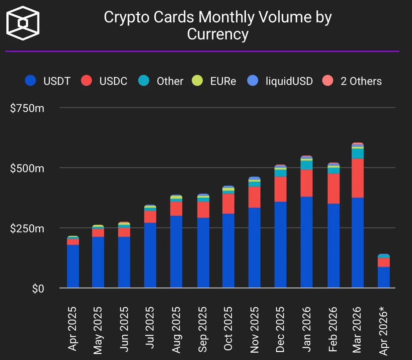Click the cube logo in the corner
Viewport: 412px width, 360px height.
point(23,23)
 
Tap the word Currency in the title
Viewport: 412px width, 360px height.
point(218,34)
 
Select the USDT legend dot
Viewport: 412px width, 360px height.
point(30,81)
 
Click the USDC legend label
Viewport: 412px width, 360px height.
point(113,81)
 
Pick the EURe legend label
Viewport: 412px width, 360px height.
point(223,81)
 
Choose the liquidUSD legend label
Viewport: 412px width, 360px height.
point(289,81)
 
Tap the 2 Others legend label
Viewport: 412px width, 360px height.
point(361,81)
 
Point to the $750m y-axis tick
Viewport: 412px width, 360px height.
point(27,108)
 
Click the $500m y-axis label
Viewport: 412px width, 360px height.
point(27,168)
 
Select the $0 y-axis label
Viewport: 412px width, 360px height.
point(38,288)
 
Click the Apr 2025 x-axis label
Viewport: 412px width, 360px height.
point(73,329)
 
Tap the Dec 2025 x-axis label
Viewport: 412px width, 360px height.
point(280,330)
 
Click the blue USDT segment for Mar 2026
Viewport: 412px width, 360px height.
point(358,242)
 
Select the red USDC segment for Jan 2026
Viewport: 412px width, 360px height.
point(306,183)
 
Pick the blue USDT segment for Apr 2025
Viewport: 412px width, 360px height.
point(73,266)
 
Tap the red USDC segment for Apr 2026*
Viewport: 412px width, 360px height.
point(384,262)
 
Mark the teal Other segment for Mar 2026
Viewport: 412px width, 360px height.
point(358,153)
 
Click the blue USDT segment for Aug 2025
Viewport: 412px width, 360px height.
point(176,251)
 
